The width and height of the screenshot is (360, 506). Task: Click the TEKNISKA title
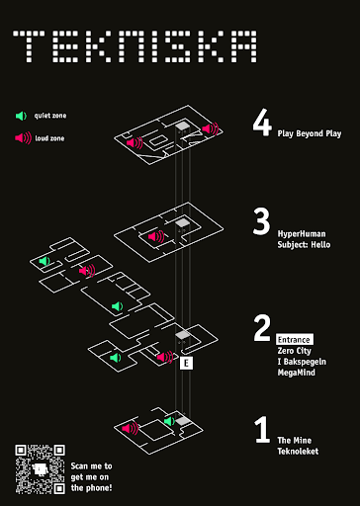[135, 46]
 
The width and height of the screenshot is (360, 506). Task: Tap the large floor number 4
[262, 122]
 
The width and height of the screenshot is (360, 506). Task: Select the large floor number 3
[261, 221]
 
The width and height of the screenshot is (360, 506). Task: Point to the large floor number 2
[262, 327]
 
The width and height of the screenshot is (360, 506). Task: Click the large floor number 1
[262, 429]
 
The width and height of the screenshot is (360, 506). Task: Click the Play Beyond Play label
[310, 133]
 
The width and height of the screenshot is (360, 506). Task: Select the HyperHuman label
[302, 234]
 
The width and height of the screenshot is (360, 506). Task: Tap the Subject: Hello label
[304, 245]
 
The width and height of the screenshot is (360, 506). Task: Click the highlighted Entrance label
[295, 339]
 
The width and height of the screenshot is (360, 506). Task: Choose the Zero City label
[294, 351]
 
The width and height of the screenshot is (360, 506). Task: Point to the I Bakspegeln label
[302, 362]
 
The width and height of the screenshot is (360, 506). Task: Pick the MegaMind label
[296, 373]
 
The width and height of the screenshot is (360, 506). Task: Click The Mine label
[294, 441]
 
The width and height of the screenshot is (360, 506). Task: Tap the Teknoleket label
[298, 452]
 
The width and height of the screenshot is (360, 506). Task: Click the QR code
[40, 469]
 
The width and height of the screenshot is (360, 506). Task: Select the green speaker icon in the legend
[21, 116]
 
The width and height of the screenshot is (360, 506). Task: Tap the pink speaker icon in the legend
[23, 138]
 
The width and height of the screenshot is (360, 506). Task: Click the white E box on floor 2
[186, 363]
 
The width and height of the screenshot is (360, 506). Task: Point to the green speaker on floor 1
[169, 421]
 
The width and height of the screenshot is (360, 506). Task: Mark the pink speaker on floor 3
[156, 236]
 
